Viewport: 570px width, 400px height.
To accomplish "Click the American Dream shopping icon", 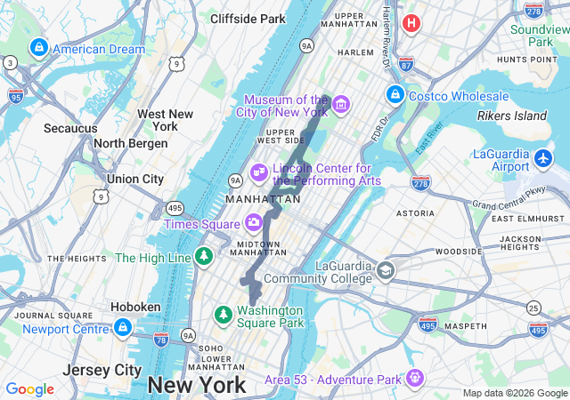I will (38, 48).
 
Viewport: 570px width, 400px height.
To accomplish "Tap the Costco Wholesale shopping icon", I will (395, 93).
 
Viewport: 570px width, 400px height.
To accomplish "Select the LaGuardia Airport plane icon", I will (545, 159).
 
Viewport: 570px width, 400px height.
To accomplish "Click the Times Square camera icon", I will (254, 221).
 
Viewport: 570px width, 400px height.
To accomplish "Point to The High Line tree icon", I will (206, 257).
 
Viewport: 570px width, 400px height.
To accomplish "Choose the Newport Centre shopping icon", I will (123, 328).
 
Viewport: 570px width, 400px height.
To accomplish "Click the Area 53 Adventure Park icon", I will (414, 379).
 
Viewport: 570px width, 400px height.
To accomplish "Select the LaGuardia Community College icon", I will (386, 270).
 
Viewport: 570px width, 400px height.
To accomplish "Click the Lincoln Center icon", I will (259, 171).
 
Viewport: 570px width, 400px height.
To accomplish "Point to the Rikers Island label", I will (513, 116).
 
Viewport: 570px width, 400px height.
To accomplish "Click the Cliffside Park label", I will (248, 18).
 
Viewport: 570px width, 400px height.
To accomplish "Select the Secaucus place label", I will (70, 128).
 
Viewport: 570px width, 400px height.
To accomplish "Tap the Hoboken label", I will (135, 306).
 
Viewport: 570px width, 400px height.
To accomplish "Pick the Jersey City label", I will (102, 369).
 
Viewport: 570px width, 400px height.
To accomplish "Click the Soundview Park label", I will (540, 35).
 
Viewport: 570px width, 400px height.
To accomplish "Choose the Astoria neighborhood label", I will (414, 213).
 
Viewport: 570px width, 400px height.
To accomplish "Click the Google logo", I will (30, 388).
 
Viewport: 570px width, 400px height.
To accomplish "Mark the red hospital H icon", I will (411, 22).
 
